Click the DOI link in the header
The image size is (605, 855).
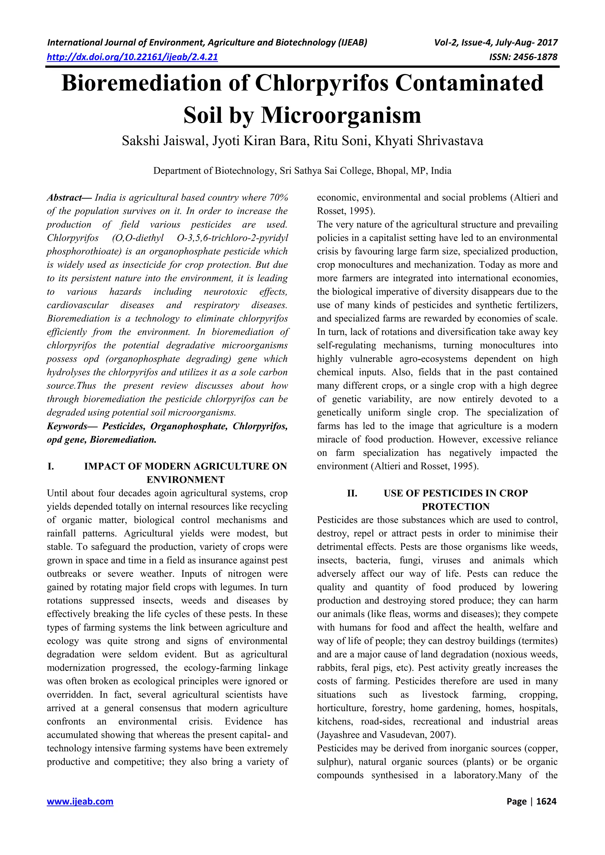(132, 57)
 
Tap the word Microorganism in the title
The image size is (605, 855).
(341, 115)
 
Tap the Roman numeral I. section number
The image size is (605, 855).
(51, 466)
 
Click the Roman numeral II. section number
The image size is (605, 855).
(352, 493)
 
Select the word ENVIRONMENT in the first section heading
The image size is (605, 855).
(186, 480)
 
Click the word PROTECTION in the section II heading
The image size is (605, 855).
(456, 507)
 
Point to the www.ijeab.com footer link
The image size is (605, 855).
(80, 801)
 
